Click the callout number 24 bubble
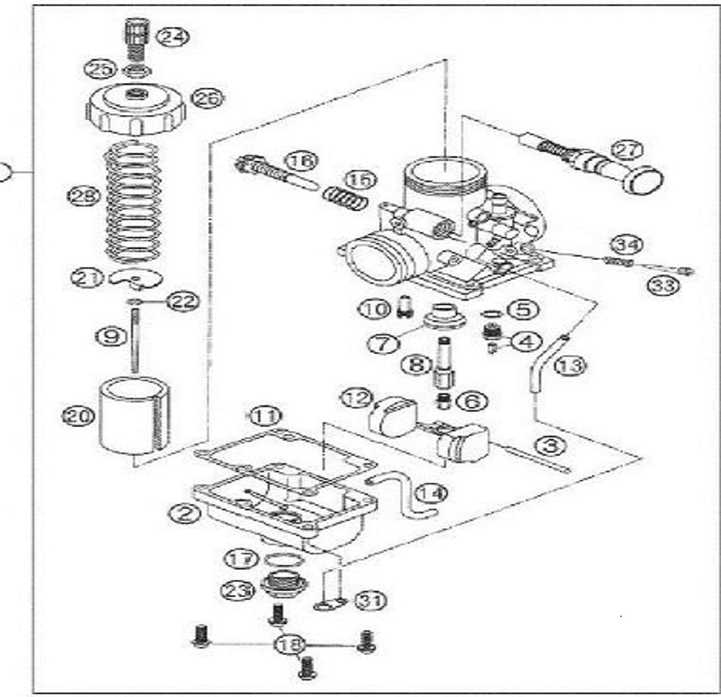click(x=175, y=36)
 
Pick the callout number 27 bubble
click(x=628, y=150)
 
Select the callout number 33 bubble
click(x=661, y=285)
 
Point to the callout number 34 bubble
click(x=628, y=244)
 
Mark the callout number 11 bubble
click(x=266, y=416)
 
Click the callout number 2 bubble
click(x=184, y=515)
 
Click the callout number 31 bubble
click(x=370, y=601)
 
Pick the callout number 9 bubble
click(x=111, y=335)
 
